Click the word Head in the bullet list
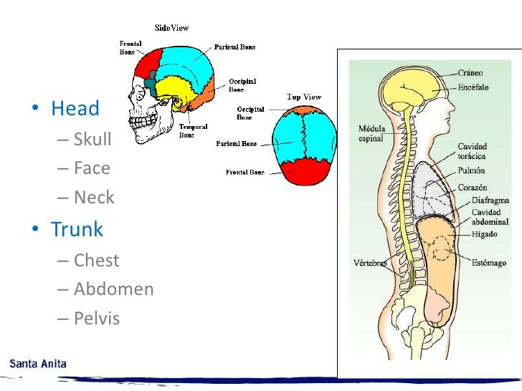coord(75,109)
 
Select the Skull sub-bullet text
coord(92,139)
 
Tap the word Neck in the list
coord(94,198)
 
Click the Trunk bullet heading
coord(77,230)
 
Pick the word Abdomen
coord(113,289)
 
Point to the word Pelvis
coord(97,319)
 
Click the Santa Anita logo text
coord(38,364)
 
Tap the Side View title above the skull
coord(172,27)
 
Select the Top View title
coord(304,97)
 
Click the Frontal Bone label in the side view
coord(130,47)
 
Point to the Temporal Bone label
coord(192,130)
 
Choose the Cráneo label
coord(472,73)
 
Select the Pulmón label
coord(472,170)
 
